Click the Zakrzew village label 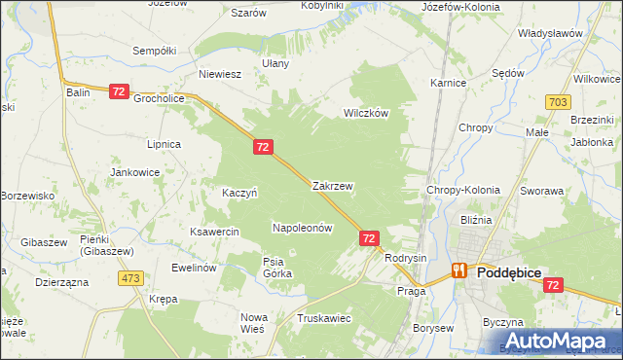[x=332, y=185]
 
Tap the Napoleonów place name [x=302, y=228]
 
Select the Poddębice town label [x=516, y=274]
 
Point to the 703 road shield [x=558, y=101]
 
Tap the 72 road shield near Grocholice [x=119, y=91]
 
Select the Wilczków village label [x=366, y=113]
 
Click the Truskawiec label [x=324, y=318]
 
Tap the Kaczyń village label [x=239, y=193]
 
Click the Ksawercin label [x=215, y=233]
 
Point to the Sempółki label [x=154, y=50]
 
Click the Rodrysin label [x=406, y=258]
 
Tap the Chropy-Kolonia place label [x=463, y=191]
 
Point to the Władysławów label [x=550, y=33]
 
